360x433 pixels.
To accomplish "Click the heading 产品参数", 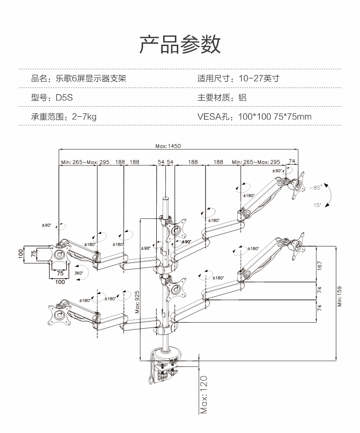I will [x=180, y=44].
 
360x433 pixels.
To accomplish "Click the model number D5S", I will [x=65, y=98].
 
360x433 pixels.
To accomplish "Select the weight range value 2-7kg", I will [x=84, y=117].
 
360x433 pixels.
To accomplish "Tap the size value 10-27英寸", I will [x=258, y=78].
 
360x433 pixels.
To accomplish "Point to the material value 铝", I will [x=242, y=98].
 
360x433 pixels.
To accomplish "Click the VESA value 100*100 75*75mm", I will [x=275, y=117].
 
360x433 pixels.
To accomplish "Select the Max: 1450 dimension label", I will [x=168, y=146].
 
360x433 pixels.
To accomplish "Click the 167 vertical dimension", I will [x=319, y=264].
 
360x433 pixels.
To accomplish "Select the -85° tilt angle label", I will [x=315, y=187].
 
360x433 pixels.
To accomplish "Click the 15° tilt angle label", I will [x=317, y=206].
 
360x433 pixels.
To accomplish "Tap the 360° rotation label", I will [x=78, y=273].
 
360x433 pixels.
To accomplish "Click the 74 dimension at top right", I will [x=292, y=162].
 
